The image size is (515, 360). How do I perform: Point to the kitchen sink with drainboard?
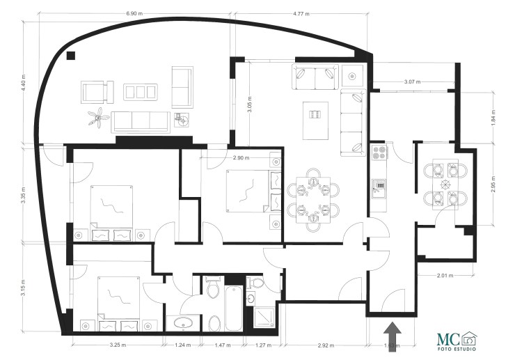379,188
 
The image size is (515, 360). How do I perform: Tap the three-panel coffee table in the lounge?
140,92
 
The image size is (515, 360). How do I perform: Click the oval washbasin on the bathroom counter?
184,322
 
